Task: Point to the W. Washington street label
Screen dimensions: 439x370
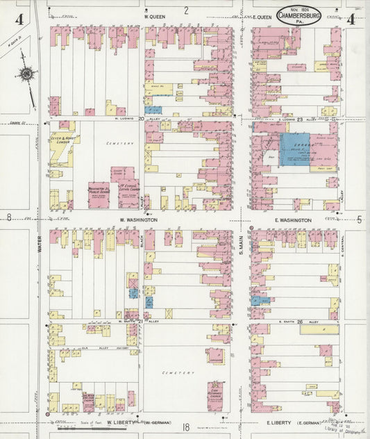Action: pyautogui.click(x=138, y=219)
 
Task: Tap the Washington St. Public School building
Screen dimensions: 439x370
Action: pyautogui.click(x=98, y=190)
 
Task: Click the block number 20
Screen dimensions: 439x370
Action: pyautogui.click(x=142, y=118)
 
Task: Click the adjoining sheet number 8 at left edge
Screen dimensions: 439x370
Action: pyautogui.click(x=8, y=218)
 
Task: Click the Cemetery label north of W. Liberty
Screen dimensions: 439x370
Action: pyautogui.click(x=175, y=372)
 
